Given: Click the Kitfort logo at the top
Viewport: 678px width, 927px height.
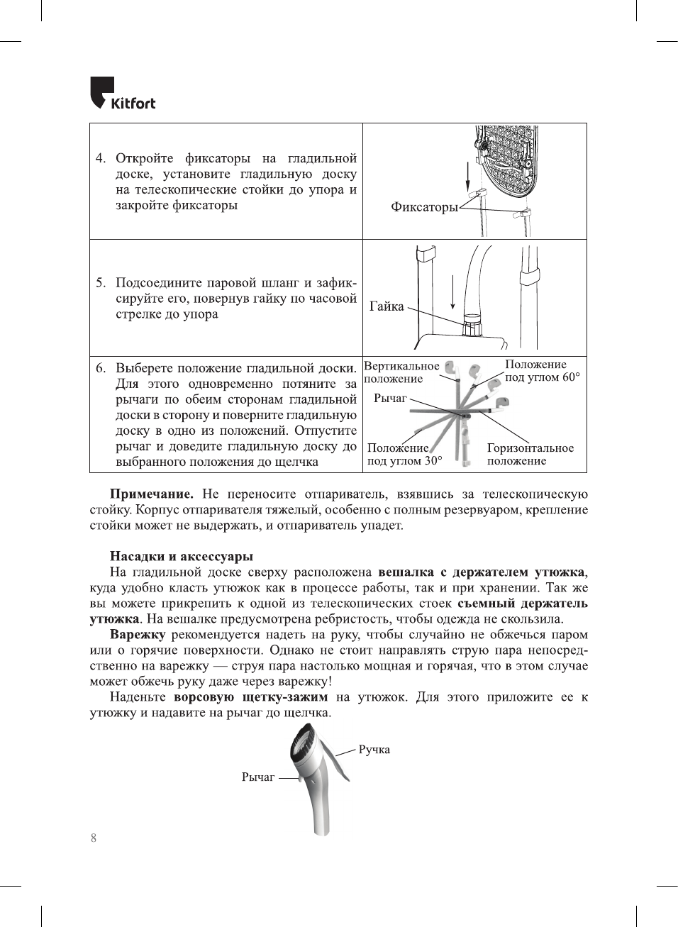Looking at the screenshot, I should pos(122,94).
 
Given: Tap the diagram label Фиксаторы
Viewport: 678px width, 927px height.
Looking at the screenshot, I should pos(424,207).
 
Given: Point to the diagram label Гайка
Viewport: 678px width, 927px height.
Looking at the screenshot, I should pos(387,306).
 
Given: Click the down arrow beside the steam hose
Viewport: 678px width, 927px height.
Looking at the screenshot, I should pos(452,292).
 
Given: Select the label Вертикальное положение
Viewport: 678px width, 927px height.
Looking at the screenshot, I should pos(401,372).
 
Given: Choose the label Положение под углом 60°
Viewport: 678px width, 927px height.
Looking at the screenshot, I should pos(542,371).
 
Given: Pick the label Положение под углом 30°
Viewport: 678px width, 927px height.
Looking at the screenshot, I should pos(404,455).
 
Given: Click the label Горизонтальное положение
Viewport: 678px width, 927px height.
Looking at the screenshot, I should pos(530,455).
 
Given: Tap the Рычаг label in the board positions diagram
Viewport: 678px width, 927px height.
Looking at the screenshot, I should pos(390,399).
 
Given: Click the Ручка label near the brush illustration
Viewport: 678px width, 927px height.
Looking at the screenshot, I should pos(374,750).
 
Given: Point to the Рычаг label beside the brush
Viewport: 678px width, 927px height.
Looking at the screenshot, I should pos(258,777).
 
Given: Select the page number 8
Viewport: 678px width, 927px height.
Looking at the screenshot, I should pos(94,838).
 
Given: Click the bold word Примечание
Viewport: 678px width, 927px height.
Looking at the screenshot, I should pos(151,494).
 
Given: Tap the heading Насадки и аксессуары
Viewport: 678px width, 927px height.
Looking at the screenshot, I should pos(182,557).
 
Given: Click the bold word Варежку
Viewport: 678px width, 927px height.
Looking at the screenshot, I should pos(138,635).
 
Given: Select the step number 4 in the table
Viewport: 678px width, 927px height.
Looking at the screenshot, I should pos(101,158).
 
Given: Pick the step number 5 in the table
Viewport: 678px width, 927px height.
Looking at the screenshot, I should pos(101,283).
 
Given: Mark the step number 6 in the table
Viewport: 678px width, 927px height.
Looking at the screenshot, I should pos(101,368).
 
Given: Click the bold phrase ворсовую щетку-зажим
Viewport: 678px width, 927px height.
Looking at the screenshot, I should pos(250,697).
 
